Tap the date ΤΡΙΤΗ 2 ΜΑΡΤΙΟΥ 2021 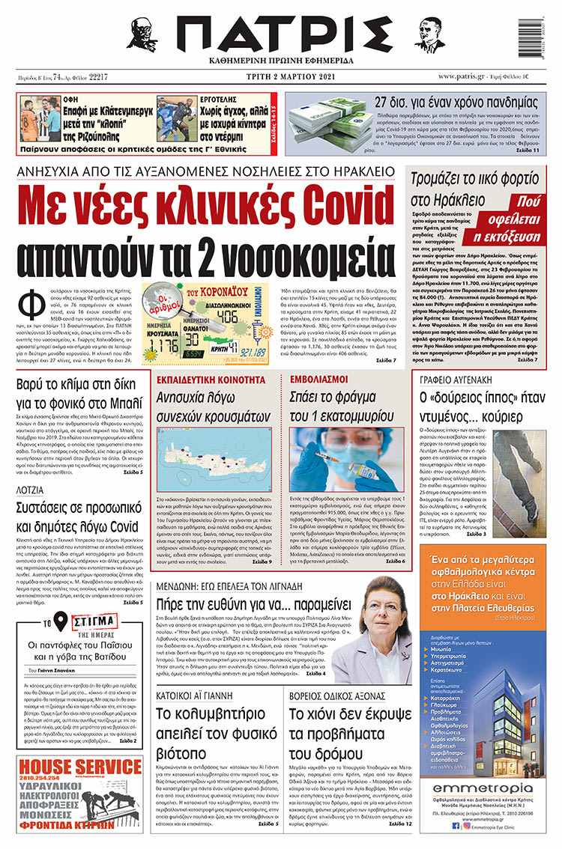(280, 76)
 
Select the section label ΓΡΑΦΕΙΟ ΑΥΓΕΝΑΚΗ (462, 380)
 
